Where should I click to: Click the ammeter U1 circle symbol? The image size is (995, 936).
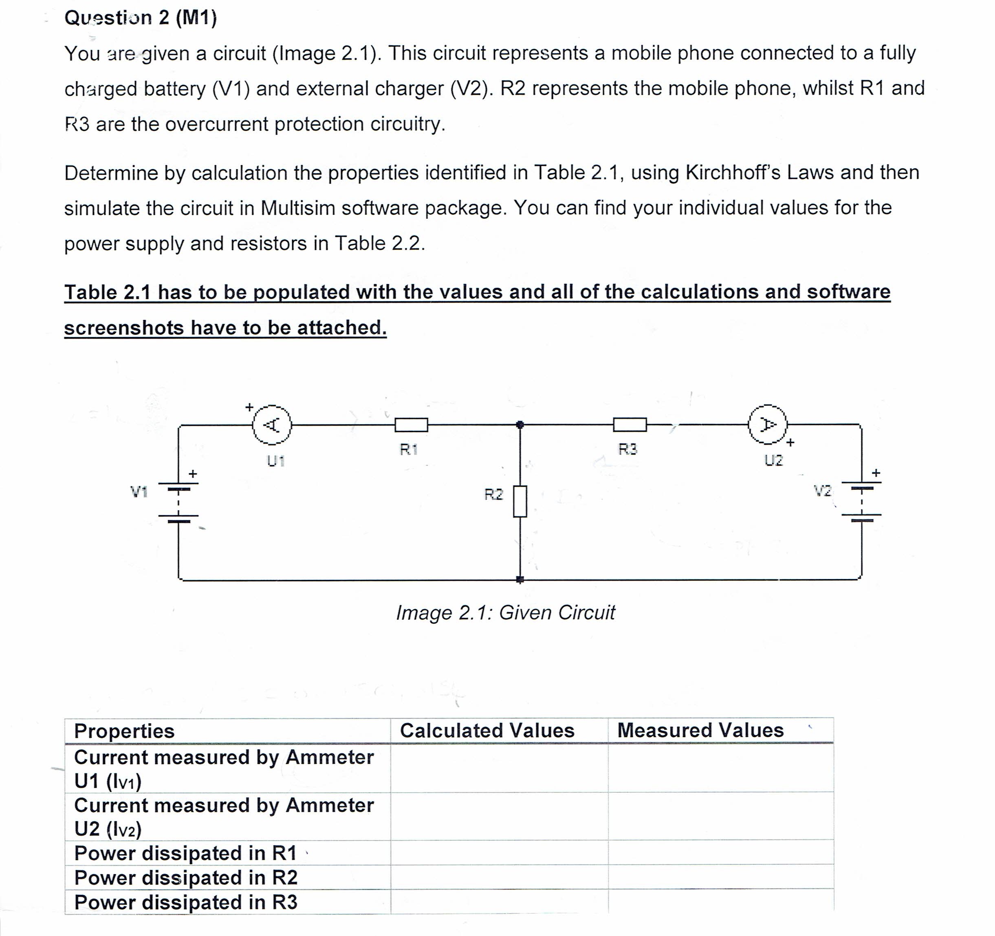point(272,425)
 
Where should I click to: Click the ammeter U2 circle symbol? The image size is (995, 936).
point(768,425)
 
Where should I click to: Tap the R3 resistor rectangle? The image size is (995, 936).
point(630,425)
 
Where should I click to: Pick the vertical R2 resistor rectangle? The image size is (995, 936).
point(520,501)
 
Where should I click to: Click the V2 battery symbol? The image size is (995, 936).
point(861,502)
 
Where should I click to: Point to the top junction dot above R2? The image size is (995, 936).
point(520,425)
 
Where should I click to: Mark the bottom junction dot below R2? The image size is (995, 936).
point(520,579)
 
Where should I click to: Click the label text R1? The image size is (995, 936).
point(408,449)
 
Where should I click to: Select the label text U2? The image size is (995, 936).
point(773,460)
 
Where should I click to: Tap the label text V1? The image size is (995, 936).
point(139,492)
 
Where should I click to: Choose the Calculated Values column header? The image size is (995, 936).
point(487,730)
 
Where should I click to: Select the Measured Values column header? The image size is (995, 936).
point(700,730)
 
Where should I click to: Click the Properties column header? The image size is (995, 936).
point(124,731)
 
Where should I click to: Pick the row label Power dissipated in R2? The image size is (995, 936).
point(186,877)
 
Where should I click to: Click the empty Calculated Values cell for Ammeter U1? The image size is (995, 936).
point(499,768)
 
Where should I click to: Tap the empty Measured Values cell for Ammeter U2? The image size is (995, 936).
point(721,816)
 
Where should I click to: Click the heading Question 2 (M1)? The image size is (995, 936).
point(141,18)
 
